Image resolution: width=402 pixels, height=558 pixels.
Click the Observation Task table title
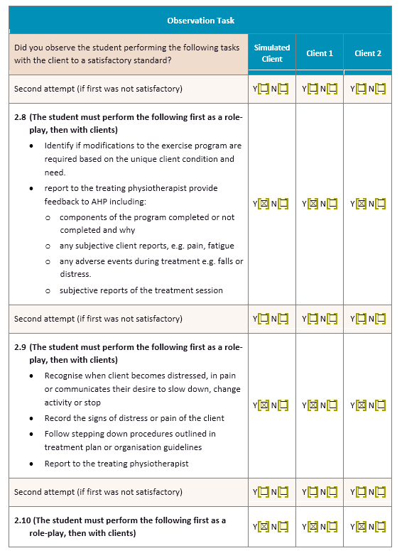pyautogui.click(x=200, y=21)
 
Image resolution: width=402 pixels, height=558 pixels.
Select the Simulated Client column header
pyautogui.click(x=272, y=53)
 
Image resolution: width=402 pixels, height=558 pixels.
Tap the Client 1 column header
pyautogui.click(x=320, y=53)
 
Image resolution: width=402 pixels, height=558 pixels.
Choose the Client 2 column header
pyautogui.click(x=368, y=53)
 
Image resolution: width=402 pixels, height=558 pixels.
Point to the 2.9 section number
pyautogui.click(x=21, y=347)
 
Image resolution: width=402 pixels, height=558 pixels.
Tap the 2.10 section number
pyautogui.click(x=23, y=520)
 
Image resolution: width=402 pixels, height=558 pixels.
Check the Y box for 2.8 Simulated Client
pyautogui.click(x=264, y=204)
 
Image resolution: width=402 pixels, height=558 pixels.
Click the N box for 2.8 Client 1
pyautogui.click(x=332, y=204)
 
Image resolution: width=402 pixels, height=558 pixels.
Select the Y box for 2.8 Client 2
pyautogui.click(x=361, y=204)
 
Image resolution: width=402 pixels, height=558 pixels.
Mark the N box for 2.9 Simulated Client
pyautogui.click(x=283, y=405)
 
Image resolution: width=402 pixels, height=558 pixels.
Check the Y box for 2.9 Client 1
pyautogui.click(x=313, y=405)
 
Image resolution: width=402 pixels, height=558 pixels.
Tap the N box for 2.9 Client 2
pyautogui.click(x=380, y=405)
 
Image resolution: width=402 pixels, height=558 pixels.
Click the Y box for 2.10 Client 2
pyautogui.click(x=361, y=527)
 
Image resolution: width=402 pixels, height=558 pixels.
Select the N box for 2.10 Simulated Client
pyautogui.click(x=283, y=527)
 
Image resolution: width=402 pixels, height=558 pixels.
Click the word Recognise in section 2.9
pyautogui.click(x=66, y=375)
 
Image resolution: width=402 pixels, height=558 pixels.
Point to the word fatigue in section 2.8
pyautogui.click(x=219, y=246)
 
